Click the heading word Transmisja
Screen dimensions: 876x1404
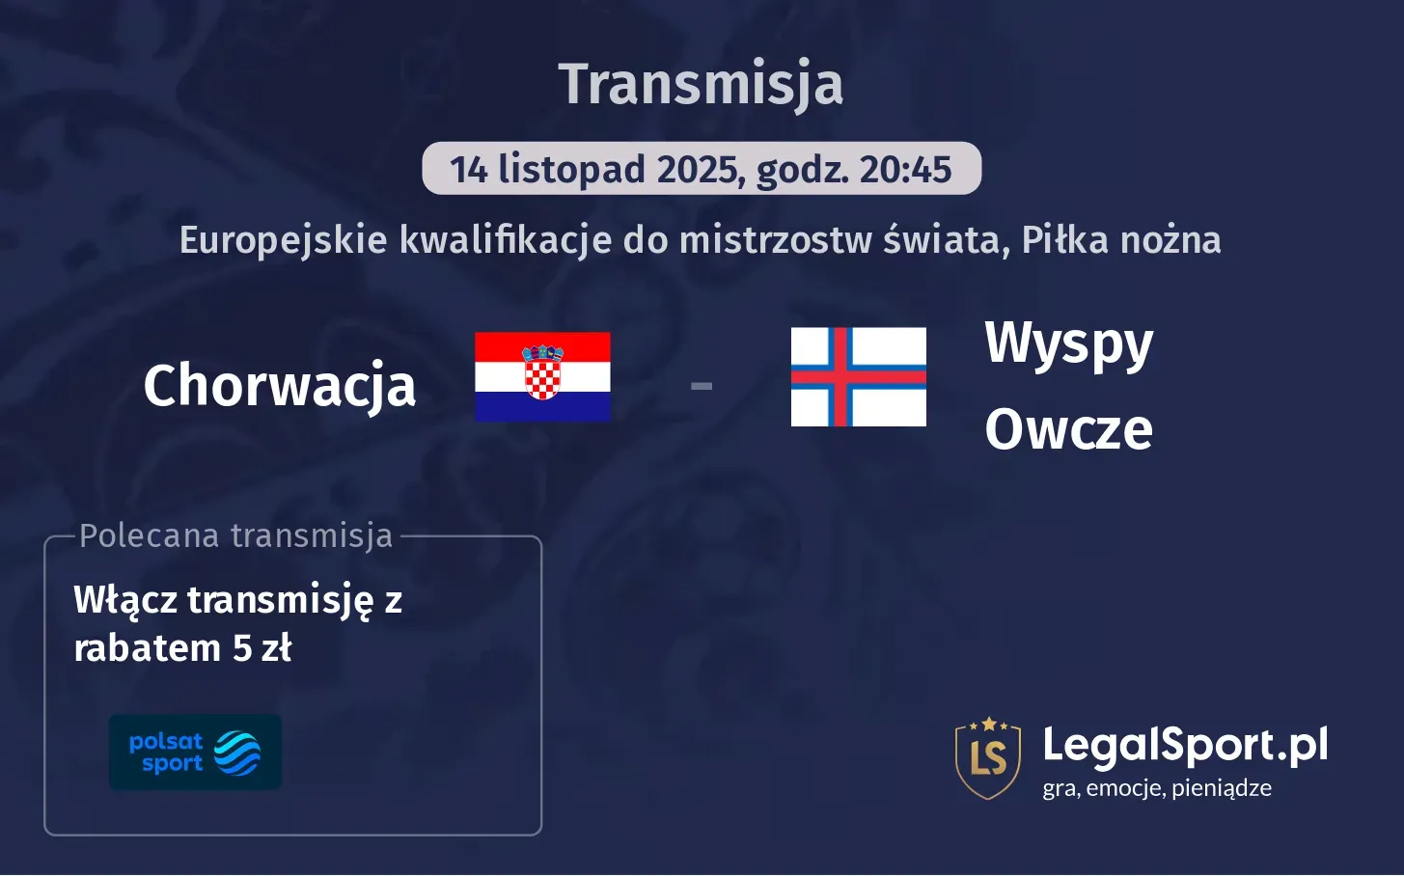(x=701, y=84)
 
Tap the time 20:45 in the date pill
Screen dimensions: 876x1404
(x=905, y=170)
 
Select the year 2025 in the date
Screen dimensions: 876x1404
(x=699, y=170)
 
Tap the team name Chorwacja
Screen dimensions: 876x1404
(x=280, y=385)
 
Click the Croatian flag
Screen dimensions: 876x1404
(x=542, y=377)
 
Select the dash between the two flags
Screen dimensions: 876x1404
(x=702, y=386)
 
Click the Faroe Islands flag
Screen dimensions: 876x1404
(x=858, y=377)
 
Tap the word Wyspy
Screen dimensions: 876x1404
(x=1069, y=343)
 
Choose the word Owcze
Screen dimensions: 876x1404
(x=1069, y=429)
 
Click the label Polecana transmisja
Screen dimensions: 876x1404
(x=236, y=535)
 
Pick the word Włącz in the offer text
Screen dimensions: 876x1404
(x=125, y=600)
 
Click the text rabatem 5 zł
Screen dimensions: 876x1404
(x=182, y=648)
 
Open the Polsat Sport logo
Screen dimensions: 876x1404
(x=195, y=753)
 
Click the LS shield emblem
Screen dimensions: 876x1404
(x=988, y=758)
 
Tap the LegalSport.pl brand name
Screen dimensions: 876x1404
(x=1185, y=745)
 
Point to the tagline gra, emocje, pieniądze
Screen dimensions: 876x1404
(x=1157, y=788)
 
